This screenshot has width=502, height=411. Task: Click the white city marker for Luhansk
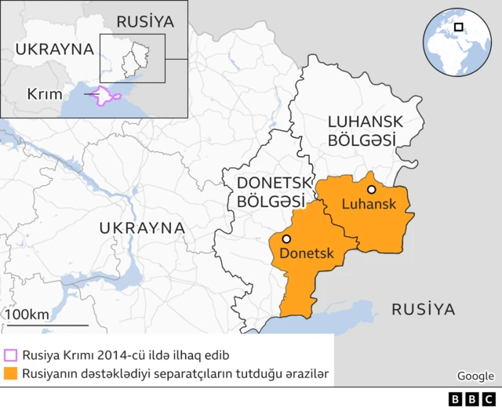(x=371, y=189)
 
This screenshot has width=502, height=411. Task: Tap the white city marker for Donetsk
(x=287, y=239)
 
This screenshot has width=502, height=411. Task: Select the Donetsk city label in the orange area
(x=307, y=253)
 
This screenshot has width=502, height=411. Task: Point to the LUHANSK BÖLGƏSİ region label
(x=365, y=130)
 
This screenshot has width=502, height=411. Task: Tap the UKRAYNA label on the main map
(x=141, y=228)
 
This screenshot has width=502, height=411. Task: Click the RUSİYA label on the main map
(x=423, y=309)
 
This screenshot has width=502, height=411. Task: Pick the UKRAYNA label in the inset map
(x=54, y=49)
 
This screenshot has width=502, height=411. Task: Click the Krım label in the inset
(x=44, y=94)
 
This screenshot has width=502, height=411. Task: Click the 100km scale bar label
(x=28, y=315)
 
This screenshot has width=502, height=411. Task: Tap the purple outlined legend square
(x=10, y=355)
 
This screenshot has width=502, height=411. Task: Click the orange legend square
(x=10, y=373)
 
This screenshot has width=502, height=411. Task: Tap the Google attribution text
(x=475, y=376)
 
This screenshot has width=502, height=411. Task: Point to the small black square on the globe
(x=458, y=27)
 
